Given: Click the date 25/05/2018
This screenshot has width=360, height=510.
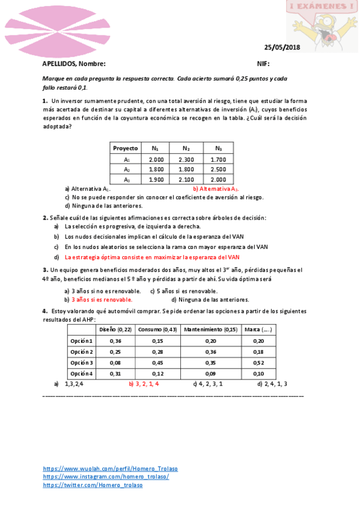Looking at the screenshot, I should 282,48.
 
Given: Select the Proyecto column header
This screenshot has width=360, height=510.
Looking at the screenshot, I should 126,148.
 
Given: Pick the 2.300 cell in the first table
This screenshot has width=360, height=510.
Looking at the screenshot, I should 186,159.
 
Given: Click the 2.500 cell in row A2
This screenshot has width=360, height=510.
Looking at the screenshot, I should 219,170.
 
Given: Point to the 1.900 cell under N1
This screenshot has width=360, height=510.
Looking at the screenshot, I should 156,179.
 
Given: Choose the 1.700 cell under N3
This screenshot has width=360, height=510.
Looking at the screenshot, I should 219,159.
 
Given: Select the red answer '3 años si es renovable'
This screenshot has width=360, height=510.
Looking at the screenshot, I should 102,299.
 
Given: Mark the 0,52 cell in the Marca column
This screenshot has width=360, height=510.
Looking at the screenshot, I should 258,363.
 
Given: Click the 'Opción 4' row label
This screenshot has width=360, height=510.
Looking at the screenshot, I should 82,373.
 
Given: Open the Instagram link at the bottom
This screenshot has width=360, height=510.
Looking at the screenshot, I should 106,476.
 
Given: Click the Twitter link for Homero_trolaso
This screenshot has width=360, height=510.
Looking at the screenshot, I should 93,485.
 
